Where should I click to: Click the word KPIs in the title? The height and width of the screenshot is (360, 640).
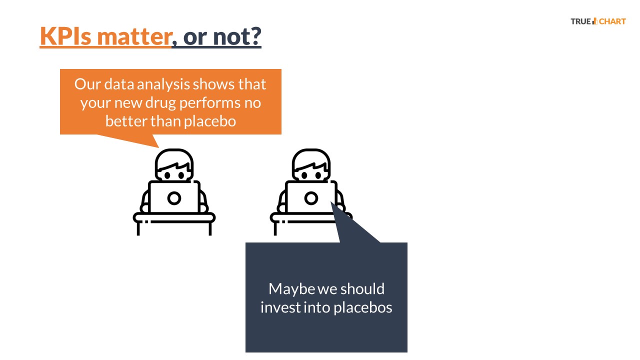[65, 36]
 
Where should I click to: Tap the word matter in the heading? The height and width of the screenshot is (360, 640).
[134, 36]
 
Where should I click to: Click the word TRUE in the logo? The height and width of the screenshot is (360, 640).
[580, 21]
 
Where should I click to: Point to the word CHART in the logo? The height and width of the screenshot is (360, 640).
[612, 21]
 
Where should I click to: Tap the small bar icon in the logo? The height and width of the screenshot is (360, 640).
[595, 21]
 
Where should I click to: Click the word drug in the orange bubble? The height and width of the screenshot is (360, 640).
[160, 103]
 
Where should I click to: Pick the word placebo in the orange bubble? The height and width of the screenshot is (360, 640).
[210, 121]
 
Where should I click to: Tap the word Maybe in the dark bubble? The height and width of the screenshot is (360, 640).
[291, 289]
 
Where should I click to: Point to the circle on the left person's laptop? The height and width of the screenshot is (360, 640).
[174, 198]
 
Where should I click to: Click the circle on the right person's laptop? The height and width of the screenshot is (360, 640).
[311, 198]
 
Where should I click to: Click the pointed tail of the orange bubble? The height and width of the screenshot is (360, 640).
[159, 147]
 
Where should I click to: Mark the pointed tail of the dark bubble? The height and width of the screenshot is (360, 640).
[331, 202]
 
